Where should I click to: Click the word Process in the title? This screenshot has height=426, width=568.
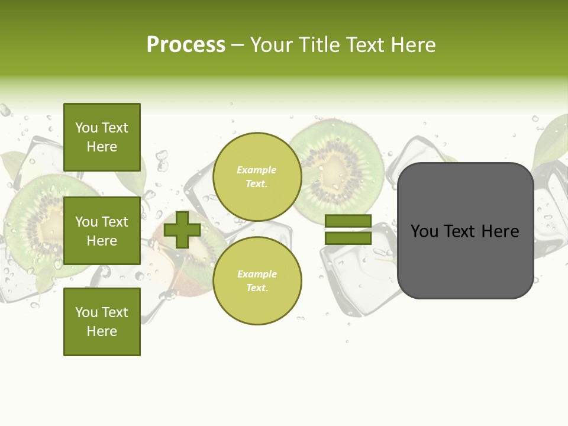[186, 45]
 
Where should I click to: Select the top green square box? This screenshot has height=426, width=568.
[102, 137]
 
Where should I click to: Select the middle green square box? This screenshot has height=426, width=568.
[102, 231]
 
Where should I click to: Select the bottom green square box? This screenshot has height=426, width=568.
[102, 322]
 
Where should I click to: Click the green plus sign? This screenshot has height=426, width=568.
[182, 230]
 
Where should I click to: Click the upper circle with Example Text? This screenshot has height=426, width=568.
[257, 176]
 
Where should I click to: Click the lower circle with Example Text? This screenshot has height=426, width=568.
[257, 280]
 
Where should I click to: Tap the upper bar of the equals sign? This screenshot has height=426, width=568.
[348, 221]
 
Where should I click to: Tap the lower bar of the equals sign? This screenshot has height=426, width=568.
[348, 238]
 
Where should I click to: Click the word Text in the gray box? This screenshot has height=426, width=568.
[461, 231]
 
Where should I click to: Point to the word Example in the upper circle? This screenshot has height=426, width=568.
[256, 170]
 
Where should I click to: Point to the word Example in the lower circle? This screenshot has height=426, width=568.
[256, 274]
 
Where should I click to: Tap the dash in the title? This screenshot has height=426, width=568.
[237, 45]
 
